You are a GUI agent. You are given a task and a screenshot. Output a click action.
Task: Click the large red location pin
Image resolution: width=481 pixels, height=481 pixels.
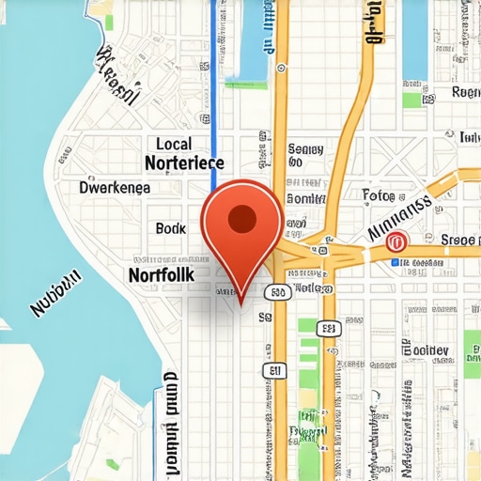coord(242,230)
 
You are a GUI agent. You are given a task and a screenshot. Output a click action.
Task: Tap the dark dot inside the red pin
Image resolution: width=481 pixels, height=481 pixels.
coord(242,219)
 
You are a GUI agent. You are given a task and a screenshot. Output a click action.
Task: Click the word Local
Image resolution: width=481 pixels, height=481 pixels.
coord(173,144)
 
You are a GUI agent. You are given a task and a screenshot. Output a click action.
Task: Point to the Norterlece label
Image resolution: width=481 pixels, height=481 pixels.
coord(185,163)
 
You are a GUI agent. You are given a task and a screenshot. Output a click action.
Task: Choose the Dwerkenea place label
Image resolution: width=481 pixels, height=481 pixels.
coord(115,187)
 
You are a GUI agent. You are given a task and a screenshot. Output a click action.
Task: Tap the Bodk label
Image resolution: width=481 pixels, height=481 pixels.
coord(171,228)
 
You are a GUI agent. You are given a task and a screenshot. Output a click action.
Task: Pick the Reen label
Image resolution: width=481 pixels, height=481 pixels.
coord(466,92)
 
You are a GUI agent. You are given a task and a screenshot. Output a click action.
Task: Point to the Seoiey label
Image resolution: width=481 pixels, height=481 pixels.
coord(305,149)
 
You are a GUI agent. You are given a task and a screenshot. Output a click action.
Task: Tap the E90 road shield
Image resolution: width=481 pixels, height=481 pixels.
coord(277,293)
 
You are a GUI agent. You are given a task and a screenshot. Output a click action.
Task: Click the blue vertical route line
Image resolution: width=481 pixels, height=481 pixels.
coord(213,94)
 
